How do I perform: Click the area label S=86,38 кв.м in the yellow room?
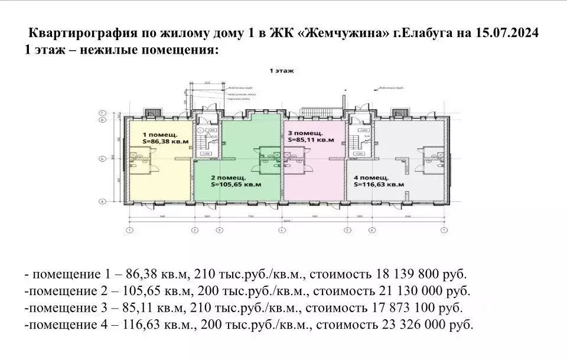(166, 142)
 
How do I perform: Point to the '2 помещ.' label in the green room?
(228, 177)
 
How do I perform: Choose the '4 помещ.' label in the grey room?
(371, 177)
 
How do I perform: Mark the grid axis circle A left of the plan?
(102, 202)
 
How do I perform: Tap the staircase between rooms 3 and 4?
(357, 142)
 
